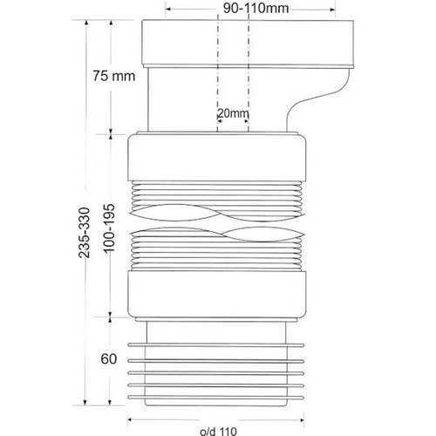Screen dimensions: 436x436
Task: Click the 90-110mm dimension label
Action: pyautogui.click(x=255, y=8)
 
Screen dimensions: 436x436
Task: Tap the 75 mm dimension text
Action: pyautogui.click(x=114, y=76)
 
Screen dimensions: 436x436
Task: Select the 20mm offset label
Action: pyautogui.click(x=233, y=112)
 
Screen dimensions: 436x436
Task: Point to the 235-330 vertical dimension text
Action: pyautogui.click(x=85, y=233)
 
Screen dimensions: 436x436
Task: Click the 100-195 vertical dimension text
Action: pyautogui.click(x=110, y=228)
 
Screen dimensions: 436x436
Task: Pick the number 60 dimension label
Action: pyautogui.click(x=109, y=359)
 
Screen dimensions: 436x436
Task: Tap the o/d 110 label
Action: pyautogui.click(x=218, y=431)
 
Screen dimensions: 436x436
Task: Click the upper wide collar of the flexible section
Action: pyautogui.click(x=217, y=157)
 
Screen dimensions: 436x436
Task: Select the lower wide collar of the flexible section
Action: pyautogui.click(x=217, y=294)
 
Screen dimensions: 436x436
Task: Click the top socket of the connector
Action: pyautogui.click(x=248, y=43)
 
